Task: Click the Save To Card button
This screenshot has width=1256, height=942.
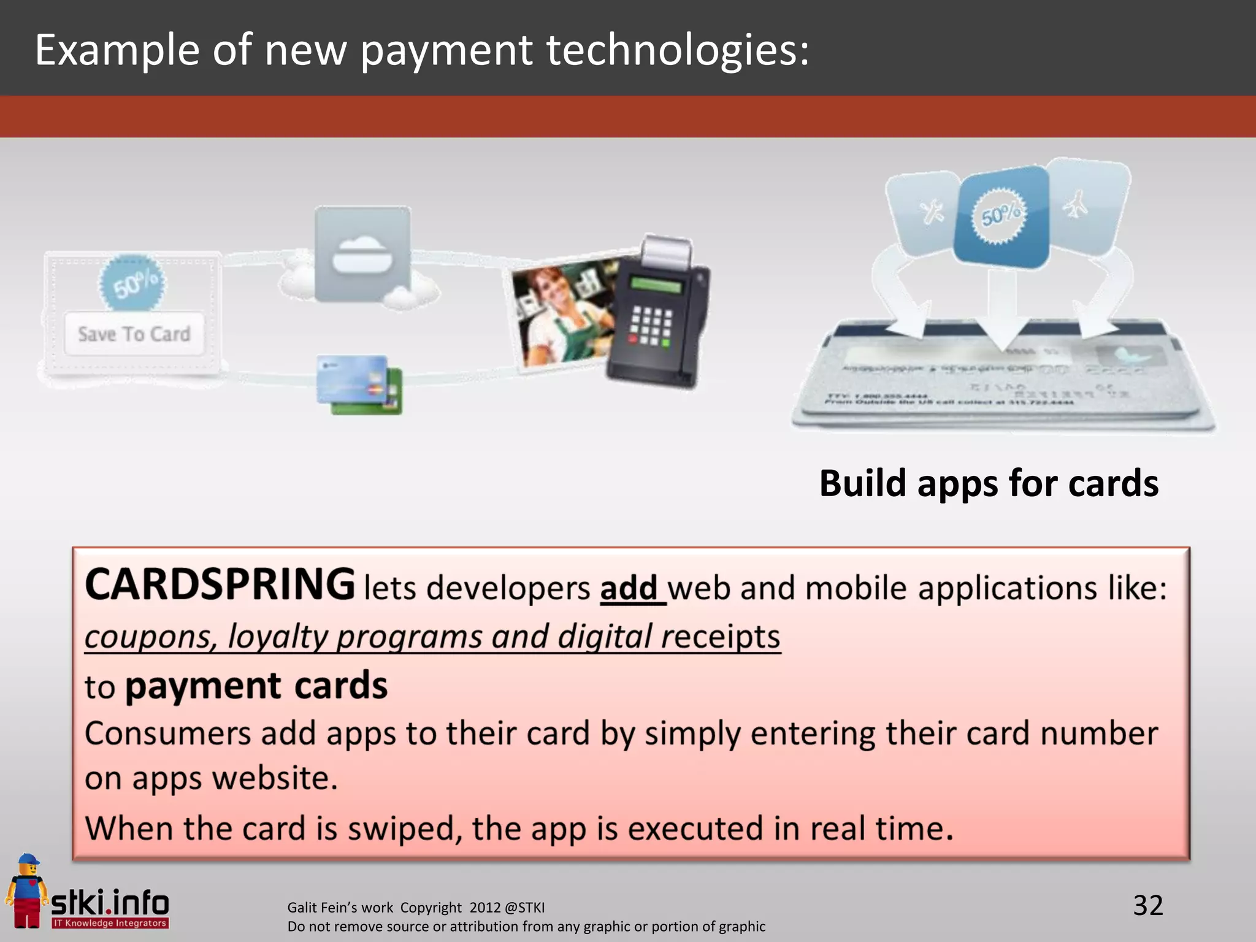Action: (134, 334)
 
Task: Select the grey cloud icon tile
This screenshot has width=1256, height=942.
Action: (362, 253)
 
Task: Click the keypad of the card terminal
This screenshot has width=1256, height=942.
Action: (651, 325)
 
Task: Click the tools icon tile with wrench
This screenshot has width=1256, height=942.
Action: (927, 212)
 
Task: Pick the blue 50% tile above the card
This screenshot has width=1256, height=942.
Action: (1001, 216)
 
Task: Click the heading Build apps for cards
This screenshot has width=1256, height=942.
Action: (988, 483)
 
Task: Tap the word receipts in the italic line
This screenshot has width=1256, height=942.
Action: (720, 637)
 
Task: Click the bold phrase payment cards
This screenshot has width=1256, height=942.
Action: (256, 686)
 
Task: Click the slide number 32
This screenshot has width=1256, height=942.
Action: (1147, 905)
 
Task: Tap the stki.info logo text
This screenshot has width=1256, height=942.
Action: (110, 903)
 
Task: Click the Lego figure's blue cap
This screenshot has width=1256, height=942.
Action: (28, 859)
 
